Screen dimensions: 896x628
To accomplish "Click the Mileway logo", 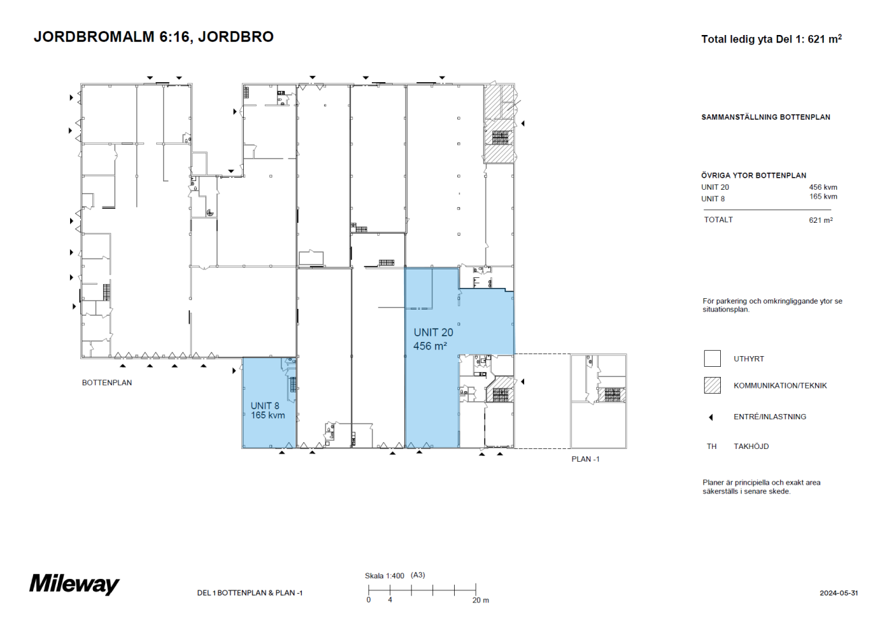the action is [74, 584].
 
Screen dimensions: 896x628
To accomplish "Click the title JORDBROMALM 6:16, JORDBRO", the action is [154, 37].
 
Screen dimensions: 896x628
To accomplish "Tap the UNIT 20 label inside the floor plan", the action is [433, 333].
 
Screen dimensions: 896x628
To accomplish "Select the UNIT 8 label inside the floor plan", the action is [265, 406].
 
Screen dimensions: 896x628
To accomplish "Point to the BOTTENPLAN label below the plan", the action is [107, 382].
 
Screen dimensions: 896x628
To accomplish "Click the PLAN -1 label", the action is [585, 459].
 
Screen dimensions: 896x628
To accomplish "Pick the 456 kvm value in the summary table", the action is [823, 187].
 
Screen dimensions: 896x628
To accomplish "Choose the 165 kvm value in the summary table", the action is [823, 197].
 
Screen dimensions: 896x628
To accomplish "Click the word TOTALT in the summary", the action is [718, 219].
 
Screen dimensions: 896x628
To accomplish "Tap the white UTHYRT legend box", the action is [712, 359].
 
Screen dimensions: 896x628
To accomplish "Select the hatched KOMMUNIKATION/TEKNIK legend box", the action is [712, 386].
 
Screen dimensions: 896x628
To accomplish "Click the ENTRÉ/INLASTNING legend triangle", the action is [711, 417].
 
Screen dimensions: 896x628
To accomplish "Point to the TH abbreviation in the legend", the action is [711, 446].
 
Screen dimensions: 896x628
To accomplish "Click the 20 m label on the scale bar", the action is [480, 600].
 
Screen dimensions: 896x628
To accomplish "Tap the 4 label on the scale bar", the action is [390, 600].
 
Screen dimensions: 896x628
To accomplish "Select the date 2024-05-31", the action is [839, 593].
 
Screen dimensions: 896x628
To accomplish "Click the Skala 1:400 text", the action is [385, 575].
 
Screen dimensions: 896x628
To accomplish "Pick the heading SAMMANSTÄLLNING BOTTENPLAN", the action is [765, 117].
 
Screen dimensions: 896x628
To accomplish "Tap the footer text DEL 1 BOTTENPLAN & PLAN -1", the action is [250, 593].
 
